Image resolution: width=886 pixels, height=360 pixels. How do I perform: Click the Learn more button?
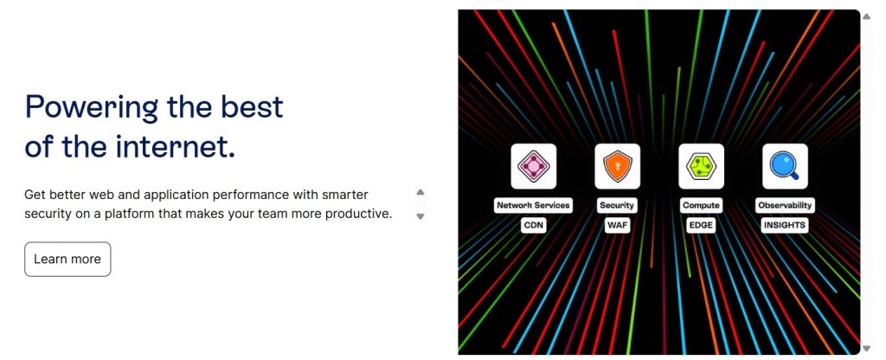[x=67, y=259]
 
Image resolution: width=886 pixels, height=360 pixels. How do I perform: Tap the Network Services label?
[x=533, y=205]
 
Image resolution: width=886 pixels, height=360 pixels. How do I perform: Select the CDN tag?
[x=533, y=225]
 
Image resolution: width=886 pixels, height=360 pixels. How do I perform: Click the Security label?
[x=616, y=205]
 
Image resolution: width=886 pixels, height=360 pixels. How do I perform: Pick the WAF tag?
[x=617, y=225]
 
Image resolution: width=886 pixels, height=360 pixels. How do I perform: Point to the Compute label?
[x=701, y=205]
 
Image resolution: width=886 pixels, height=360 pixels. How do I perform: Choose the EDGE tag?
[x=701, y=225]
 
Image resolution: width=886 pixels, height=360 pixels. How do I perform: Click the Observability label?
[x=785, y=205]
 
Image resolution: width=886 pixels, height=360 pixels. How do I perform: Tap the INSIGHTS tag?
[x=784, y=225]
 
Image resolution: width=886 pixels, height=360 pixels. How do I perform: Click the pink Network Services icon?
[x=533, y=166]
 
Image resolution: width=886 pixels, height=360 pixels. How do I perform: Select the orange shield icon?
[x=617, y=166]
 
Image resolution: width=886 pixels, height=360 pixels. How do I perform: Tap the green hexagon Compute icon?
[x=701, y=166]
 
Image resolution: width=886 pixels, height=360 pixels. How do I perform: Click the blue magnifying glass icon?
[x=785, y=166]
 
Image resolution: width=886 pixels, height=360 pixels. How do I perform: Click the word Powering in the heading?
[x=92, y=106]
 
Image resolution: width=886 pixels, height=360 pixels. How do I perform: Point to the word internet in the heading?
[x=175, y=146]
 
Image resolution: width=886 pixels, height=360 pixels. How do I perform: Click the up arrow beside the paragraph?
[x=421, y=192]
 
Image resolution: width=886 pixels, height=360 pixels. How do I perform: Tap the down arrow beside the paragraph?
[x=421, y=215]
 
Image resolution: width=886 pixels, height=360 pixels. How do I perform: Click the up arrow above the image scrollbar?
[x=866, y=16]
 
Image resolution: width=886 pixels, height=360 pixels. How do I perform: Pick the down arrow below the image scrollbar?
[x=866, y=349]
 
